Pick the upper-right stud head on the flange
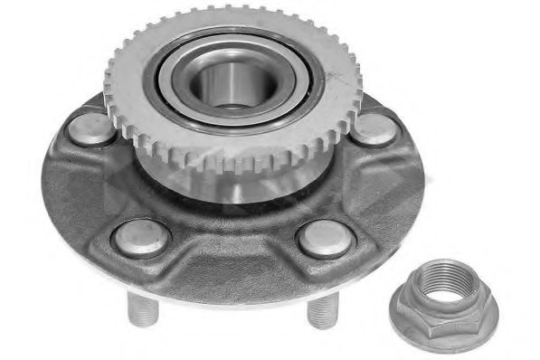[x=374, y=128]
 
